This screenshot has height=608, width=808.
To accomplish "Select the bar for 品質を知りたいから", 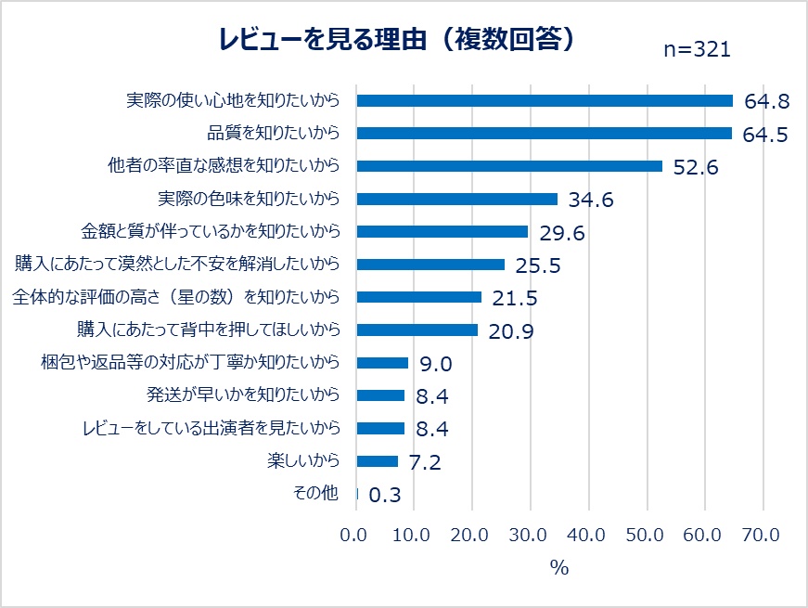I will pos(544,134).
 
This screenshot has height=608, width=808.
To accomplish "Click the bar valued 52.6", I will pos(509,166).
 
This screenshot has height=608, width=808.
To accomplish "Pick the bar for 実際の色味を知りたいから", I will pos(456,199).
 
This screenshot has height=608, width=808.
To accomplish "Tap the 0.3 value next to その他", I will pos(385,495).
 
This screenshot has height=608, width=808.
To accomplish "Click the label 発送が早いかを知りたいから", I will pos(243,395).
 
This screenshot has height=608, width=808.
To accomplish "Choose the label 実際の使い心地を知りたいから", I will pos(233,100).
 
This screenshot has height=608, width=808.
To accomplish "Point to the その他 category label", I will pos(315,494).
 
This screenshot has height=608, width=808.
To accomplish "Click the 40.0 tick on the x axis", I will pos(588,535).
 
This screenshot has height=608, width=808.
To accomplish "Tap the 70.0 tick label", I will pos(762,535).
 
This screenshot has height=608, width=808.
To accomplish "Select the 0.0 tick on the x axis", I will pos(356,535).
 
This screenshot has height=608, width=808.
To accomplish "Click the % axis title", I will pos(559,568).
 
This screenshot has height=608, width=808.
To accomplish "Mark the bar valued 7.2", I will pos(377,461).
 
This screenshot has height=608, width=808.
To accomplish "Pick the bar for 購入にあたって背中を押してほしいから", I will pos(417,330).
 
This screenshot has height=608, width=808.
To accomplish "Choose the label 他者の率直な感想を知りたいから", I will pos(224,166).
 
